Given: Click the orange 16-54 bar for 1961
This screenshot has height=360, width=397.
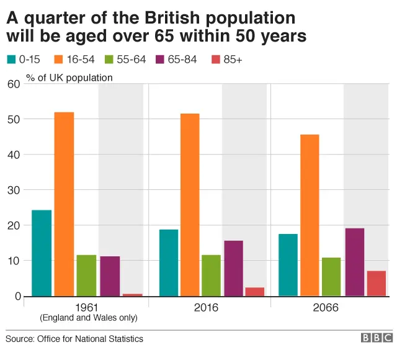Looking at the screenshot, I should (64, 204).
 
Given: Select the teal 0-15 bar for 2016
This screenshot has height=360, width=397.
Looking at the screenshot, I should (169, 263).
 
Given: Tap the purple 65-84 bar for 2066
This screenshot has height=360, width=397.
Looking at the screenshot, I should (355, 262).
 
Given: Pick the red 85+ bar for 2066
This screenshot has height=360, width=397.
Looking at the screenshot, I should (377, 284).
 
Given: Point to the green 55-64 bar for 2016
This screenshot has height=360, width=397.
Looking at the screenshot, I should (211, 275).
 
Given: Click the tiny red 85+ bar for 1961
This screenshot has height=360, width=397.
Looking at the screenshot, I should (133, 295).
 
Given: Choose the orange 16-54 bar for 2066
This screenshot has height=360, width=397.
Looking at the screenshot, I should (310, 215).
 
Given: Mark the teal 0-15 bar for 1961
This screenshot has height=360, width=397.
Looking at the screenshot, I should (42, 253).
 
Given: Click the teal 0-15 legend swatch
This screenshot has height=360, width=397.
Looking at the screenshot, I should (11, 60).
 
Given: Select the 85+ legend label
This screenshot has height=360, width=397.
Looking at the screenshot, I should (229, 60).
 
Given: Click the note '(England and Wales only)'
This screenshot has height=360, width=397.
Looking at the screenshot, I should (88, 318).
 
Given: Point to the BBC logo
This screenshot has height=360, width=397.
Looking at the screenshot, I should (377, 338).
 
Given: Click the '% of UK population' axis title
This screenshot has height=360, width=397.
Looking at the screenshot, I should (69, 78).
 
